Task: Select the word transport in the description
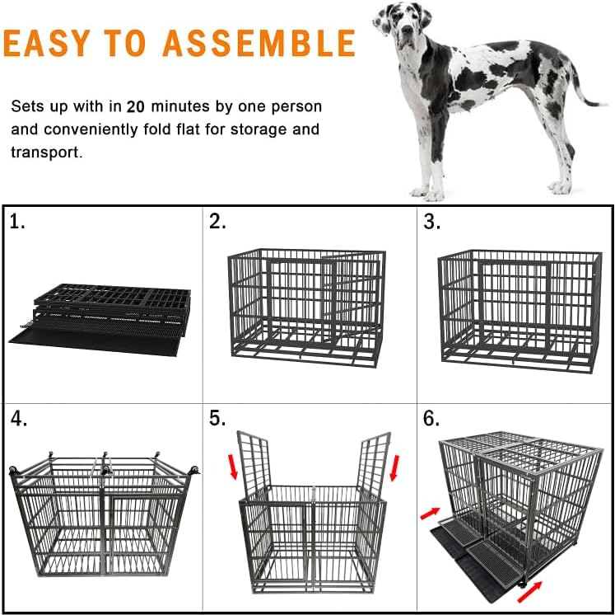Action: coord(46,153)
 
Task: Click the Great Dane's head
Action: coord(401,29)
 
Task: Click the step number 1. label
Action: coord(18,222)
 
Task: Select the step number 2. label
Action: coord(218,222)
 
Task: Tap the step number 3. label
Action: coord(433,222)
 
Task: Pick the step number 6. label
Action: coord(433,419)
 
